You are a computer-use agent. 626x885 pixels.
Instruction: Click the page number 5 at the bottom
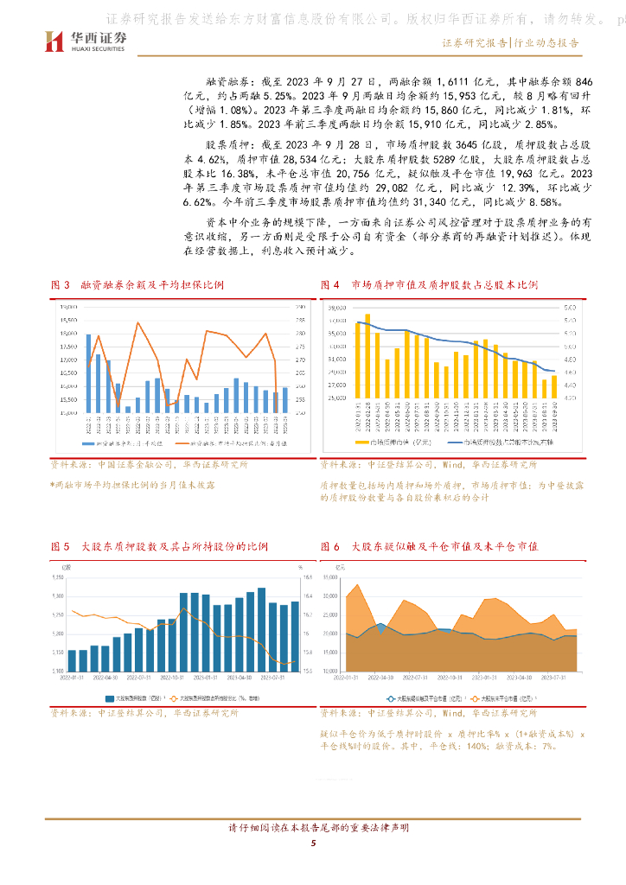[x=313, y=844]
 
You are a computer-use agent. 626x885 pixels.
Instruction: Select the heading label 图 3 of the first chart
[x=60, y=284]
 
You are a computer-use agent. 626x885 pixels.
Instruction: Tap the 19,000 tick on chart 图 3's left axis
[x=68, y=307]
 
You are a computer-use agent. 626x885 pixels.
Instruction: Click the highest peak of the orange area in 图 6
[x=358, y=585]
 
